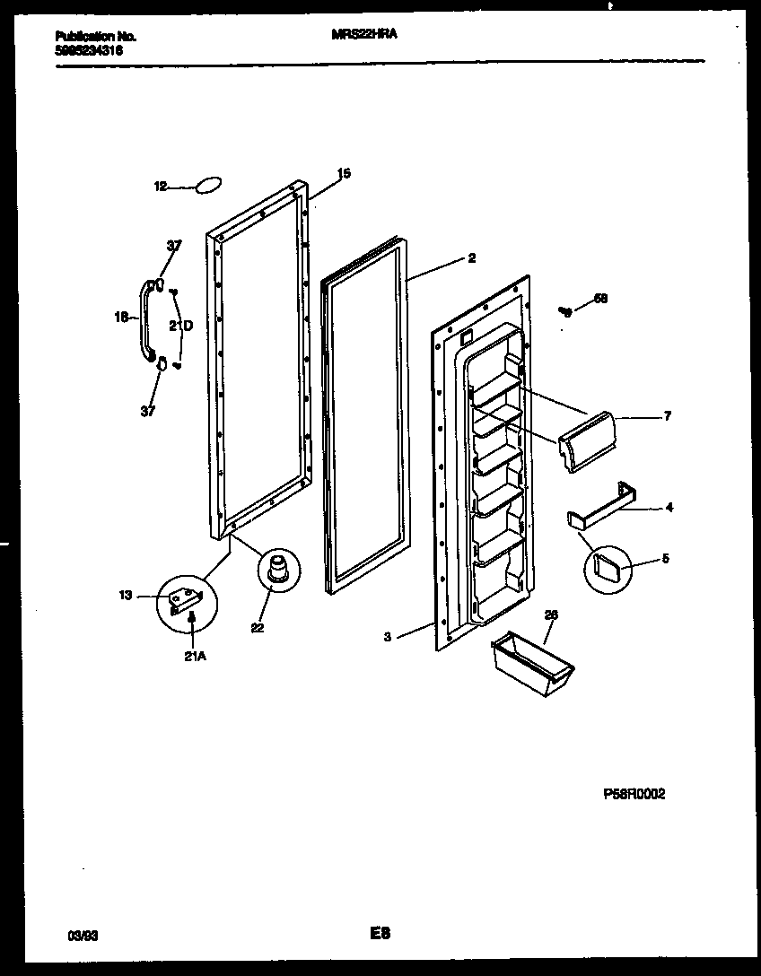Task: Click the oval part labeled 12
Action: point(207,186)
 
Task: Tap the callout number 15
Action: point(343,174)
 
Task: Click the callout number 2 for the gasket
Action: point(471,258)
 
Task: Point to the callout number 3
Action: point(387,637)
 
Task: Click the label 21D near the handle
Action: point(181,326)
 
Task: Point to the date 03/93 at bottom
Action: point(83,936)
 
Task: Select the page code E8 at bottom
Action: point(380,934)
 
